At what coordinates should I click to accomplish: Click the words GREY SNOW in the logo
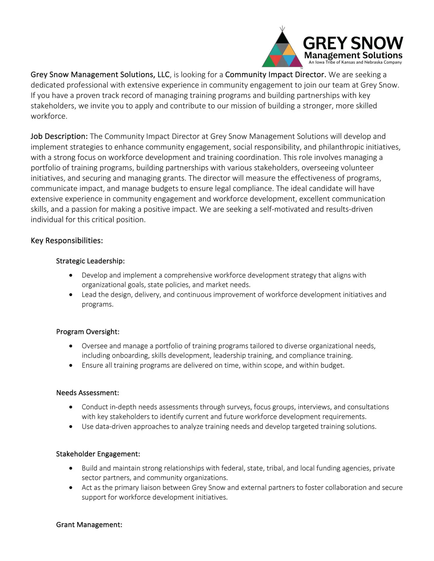353,43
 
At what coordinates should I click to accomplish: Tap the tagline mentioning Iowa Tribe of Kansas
355,62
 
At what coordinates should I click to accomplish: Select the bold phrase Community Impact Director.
275,75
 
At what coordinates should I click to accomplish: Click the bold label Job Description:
59,136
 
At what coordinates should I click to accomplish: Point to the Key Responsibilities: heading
67,241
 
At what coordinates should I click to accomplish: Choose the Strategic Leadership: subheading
90,261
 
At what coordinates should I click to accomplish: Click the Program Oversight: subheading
88,332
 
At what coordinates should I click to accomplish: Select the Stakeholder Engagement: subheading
98,454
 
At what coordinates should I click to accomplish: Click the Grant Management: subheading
89,525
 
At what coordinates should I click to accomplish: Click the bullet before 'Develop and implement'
71,275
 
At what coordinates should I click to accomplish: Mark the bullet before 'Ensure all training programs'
71,366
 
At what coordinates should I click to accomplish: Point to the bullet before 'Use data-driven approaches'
71,427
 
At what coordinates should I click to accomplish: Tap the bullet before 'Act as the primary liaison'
71,488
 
